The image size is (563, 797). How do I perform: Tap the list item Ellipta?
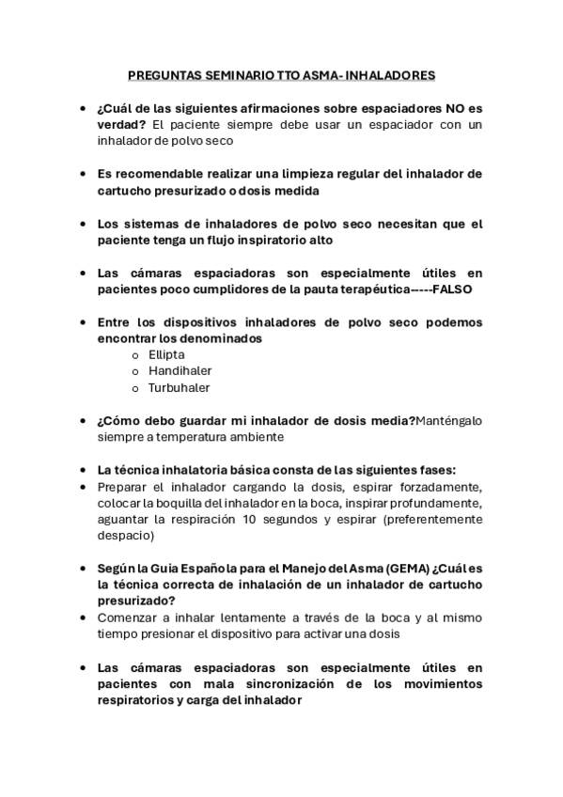click(166, 354)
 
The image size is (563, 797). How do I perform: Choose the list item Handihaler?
click(180, 370)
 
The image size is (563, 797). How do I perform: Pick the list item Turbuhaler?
click(180, 387)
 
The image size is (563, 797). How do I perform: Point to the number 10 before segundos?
click(249, 519)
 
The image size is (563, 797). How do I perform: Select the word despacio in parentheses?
click(123, 536)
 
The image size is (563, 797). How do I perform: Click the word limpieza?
click(290, 174)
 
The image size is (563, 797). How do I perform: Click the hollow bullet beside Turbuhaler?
click(135, 388)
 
